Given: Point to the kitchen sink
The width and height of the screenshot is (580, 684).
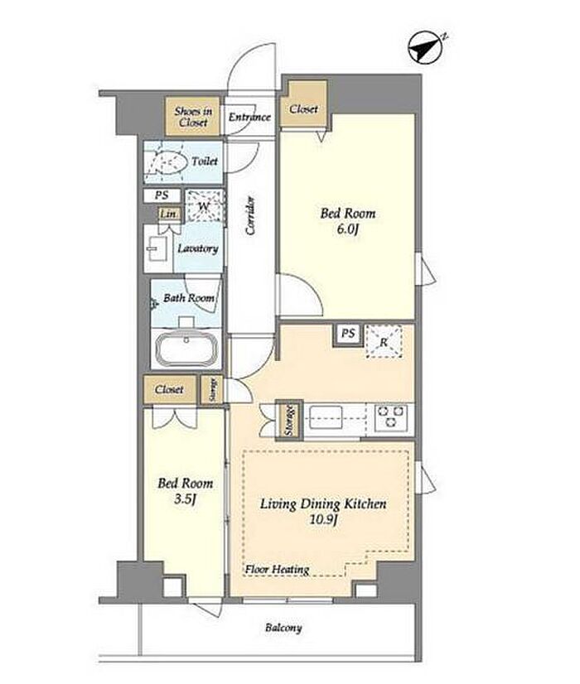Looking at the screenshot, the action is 326,417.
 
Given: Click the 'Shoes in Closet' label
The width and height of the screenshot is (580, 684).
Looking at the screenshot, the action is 193,117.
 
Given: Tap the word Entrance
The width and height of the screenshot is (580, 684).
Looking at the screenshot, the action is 249,117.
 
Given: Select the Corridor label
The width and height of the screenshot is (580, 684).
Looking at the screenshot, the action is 250,216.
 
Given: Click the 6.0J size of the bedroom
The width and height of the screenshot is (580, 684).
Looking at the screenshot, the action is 347,229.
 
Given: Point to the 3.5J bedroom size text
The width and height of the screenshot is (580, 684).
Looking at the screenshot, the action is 185,499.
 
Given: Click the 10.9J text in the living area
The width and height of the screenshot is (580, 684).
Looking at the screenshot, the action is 323,519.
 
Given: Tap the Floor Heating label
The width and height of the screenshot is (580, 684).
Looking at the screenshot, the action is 277,569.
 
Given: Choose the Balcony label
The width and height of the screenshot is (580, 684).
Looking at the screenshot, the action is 283,628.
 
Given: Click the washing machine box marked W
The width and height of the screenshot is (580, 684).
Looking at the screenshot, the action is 205,206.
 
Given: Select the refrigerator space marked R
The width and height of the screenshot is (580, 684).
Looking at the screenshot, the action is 384,341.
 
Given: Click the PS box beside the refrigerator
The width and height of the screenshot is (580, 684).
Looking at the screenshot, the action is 348,335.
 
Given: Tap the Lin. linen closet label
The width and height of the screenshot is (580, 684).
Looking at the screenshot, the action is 168,214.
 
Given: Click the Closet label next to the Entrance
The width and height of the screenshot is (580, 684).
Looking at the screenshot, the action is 303,108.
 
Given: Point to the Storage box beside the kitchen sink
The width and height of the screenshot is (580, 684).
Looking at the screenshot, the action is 289,420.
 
